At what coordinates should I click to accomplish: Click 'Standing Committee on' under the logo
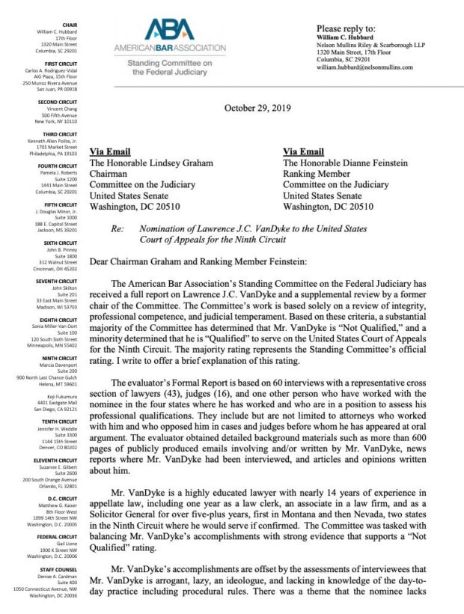(169, 64)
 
